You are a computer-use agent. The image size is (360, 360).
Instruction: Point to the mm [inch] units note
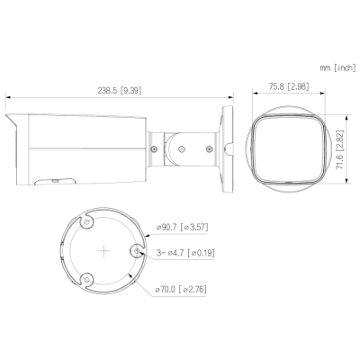tap(337, 67)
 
